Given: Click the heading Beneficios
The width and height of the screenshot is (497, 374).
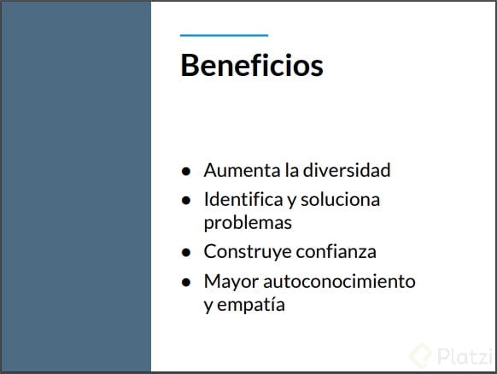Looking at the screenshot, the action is pos(252,65).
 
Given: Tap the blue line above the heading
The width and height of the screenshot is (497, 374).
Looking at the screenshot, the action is pos(224,35).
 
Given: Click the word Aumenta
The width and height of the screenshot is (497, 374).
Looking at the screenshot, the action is pos(243,170).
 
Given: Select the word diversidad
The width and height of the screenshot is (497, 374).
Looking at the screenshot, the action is pos(347,170).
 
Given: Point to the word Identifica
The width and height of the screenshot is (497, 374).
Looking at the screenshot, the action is pos(243,199).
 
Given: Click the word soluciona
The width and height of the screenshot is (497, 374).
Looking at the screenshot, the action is pos(340,200).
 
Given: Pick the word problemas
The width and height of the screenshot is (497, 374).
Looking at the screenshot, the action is pos(248,223).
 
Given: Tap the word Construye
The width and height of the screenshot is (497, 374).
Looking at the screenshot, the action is pos(248,252).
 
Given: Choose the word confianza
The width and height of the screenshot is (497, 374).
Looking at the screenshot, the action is pos(336,252).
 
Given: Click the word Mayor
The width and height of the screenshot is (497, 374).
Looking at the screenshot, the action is pos(231,282).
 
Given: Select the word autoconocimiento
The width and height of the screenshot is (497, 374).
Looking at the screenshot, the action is pos(339,281).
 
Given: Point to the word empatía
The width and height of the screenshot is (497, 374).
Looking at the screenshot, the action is pos(251,305).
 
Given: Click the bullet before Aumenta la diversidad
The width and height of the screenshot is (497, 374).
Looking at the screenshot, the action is pos(186,171).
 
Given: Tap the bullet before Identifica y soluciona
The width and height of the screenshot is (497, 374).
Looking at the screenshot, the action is pos(186,201).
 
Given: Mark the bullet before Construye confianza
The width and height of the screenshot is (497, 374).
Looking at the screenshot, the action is pos(186,253).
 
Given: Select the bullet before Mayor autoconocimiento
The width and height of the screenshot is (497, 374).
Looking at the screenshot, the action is pos(186,282).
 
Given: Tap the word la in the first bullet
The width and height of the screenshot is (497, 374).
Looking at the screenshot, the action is pos(291,170).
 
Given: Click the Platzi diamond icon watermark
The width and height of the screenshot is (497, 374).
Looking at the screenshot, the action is pos(421,355).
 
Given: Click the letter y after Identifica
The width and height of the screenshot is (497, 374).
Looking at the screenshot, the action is pos(291,202).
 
